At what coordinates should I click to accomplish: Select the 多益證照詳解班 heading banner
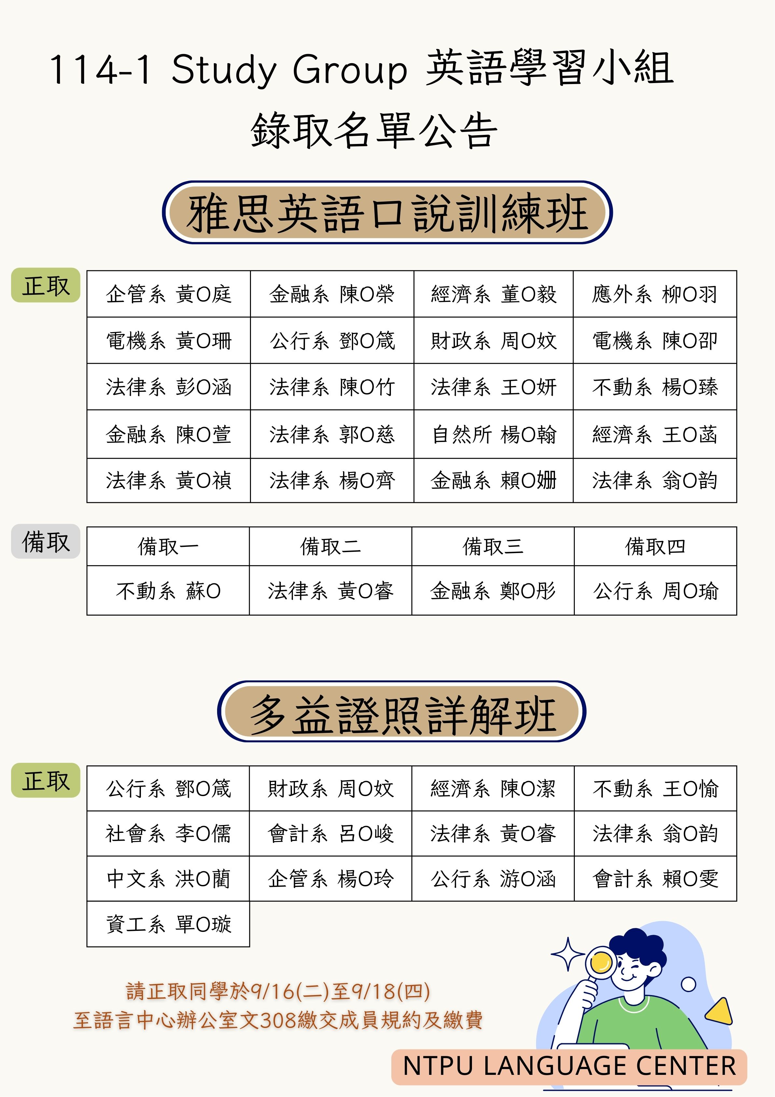(402, 711)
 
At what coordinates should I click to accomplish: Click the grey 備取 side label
(45, 541)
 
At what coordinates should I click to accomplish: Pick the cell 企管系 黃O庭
(169, 294)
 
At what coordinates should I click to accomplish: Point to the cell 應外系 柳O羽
(655, 294)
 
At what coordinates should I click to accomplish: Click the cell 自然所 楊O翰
(493, 434)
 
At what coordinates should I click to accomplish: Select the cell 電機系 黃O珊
(169, 340)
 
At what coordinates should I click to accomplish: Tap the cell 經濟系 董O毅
(493, 294)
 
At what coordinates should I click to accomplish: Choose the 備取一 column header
(168, 546)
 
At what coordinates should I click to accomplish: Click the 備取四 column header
(655, 546)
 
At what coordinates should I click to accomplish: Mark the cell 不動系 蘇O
(168, 591)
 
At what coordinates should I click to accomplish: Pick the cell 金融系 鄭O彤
(493, 591)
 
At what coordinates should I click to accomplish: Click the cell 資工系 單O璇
(168, 924)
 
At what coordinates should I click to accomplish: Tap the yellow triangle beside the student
(720, 1011)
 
